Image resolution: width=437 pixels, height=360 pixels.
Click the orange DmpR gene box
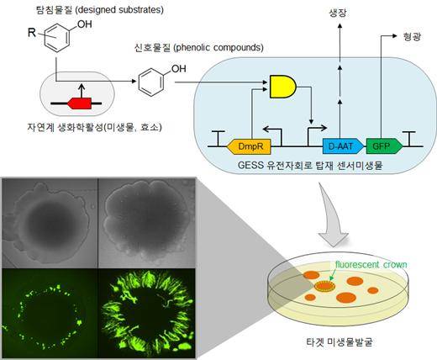249,146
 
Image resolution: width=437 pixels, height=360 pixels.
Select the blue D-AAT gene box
343,146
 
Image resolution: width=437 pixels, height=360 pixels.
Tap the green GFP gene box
384,146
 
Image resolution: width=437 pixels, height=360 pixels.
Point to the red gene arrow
79,103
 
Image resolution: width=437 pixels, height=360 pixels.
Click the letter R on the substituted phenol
32,33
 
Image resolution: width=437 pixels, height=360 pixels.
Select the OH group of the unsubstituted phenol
178,68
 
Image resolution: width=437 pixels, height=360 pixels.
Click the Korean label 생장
339,13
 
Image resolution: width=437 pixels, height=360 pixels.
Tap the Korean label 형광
412,36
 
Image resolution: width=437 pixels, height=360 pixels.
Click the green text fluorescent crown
371,265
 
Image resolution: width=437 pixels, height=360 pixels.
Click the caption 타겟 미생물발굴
339,342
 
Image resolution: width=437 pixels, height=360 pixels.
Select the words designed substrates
119,10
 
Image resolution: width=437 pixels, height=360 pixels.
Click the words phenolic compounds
218,47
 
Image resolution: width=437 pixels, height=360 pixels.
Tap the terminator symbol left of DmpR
218,139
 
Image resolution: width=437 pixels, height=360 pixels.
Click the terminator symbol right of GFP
410,139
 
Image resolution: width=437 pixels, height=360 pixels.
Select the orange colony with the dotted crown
324,286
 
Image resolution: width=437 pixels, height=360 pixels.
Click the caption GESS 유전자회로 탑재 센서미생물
310,165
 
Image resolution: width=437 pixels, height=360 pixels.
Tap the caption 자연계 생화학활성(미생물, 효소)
94,127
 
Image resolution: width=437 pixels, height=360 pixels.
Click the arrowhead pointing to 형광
395,36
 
